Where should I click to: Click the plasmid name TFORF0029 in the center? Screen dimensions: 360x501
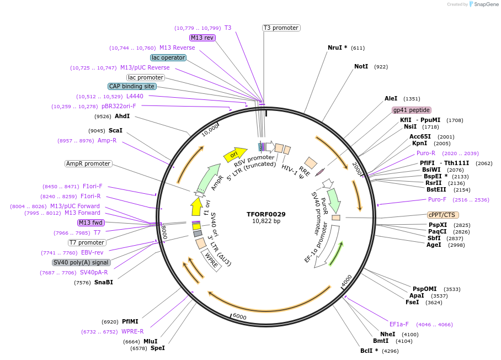(x=266, y=214)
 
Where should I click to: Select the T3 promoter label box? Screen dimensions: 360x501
(x=281, y=28)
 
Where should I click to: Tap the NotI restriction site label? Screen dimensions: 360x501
(x=361, y=66)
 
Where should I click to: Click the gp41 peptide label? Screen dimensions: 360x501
(x=412, y=110)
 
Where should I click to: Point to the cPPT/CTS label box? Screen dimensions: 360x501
(x=443, y=215)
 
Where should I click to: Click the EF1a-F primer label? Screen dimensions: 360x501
(x=399, y=324)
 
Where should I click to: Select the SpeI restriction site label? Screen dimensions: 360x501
(x=158, y=348)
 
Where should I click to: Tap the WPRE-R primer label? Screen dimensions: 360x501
(x=132, y=331)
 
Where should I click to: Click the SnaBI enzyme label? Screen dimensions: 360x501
(x=104, y=282)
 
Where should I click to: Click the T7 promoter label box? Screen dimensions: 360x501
(x=87, y=242)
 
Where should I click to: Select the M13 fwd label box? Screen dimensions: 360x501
(x=91, y=223)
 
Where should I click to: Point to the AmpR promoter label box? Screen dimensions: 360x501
(x=88, y=163)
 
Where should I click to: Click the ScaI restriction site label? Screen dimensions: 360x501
(x=115, y=130)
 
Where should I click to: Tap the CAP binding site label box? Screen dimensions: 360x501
(x=132, y=86)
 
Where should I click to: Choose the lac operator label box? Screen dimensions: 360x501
(x=168, y=57)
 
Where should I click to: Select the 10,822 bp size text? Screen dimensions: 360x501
(x=266, y=221)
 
